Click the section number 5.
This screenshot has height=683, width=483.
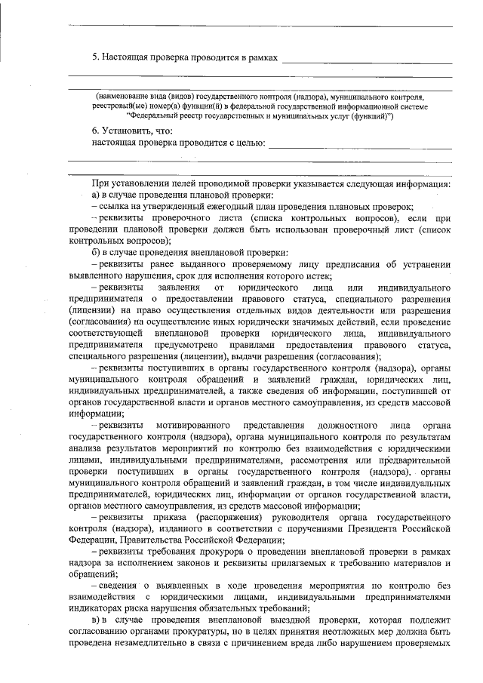point(94,57)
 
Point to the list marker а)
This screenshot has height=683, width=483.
point(96,195)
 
